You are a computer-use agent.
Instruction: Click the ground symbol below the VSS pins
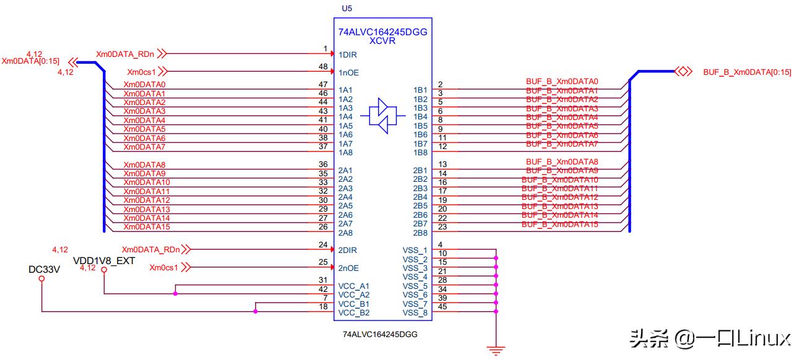pos(496,349)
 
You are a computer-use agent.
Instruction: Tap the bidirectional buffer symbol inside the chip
pos(382,116)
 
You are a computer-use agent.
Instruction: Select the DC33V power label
pos(43,269)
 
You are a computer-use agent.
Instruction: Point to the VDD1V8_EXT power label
pos(104,260)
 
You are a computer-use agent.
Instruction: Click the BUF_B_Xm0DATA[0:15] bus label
pos(747,72)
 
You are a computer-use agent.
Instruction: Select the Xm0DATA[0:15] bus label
pos(31,61)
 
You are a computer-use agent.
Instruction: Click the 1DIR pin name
pos(348,55)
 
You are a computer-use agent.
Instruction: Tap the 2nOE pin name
pos(348,268)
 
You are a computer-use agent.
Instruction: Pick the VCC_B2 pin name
pos(353,312)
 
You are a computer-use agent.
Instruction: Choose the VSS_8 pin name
pos(415,312)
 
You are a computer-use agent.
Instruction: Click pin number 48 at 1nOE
pos(322,66)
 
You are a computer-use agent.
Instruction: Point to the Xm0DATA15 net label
pos(147,227)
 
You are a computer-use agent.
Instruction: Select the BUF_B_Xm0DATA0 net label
pos(562,81)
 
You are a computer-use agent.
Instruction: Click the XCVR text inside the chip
pos(382,41)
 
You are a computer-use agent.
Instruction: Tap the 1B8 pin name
pos(420,152)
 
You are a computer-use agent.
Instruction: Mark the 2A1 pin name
pos(345,170)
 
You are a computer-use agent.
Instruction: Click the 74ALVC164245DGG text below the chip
pos(380,334)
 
